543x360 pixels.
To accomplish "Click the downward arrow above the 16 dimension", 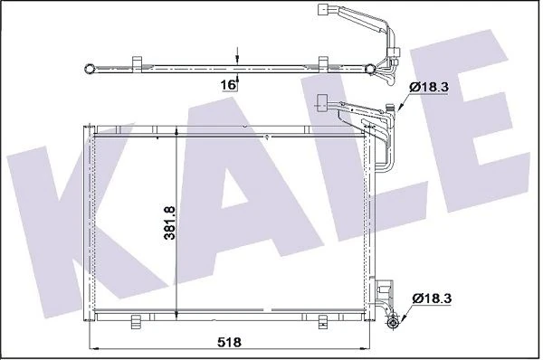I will pos(236,54).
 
